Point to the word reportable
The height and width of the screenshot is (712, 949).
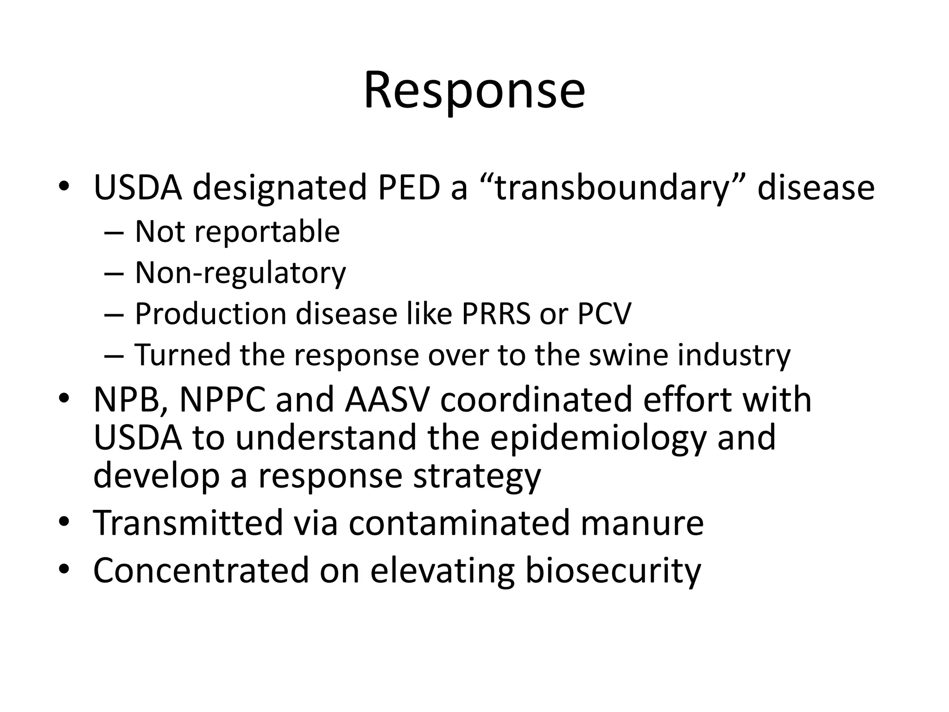(x=267, y=231)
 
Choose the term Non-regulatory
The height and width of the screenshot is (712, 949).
(x=240, y=273)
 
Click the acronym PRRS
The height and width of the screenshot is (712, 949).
(x=496, y=314)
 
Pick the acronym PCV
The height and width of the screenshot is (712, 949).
(x=604, y=314)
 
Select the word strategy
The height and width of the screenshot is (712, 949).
(x=477, y=477)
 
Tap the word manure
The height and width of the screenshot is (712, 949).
(x=642, y=523)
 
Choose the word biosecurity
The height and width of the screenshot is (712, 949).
(x=613, y=571)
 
